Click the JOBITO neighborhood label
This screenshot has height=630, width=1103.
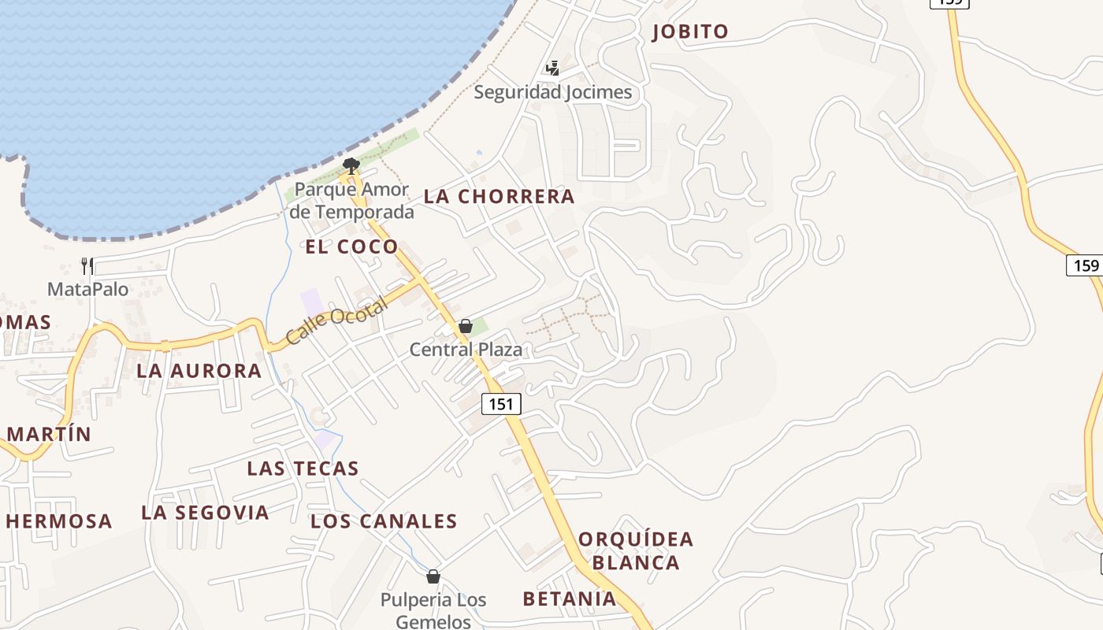(x=690, y=31)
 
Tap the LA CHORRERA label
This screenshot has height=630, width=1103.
(x=500, y=197)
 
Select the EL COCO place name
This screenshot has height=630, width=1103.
(x=351, y=246)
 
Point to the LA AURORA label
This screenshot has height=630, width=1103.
(x=199, y=371)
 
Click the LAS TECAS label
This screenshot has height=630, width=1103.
(x=303, y=469)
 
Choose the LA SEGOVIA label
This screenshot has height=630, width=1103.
(x=205, y=513)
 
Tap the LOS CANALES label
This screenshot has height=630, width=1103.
(x=384, y=521)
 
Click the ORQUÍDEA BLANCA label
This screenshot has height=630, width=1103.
(x=636, y=550)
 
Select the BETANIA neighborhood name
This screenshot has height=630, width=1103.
(x=570, y=599)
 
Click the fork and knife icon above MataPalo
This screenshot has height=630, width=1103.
(x=87, y=266)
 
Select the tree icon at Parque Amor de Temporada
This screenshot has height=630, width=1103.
(x=351, y=165)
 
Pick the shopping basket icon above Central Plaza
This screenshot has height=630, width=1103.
(x=466, y=326)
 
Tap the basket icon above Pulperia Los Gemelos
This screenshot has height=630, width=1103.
(x=433, y=576)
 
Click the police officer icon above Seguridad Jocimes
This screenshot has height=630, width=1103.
(x=553, y=69)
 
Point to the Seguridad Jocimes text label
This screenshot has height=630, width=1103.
(x=552, y=93)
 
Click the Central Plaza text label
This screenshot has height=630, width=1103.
(x=466, y=349)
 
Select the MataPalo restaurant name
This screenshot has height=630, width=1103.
(x=87, y=289)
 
